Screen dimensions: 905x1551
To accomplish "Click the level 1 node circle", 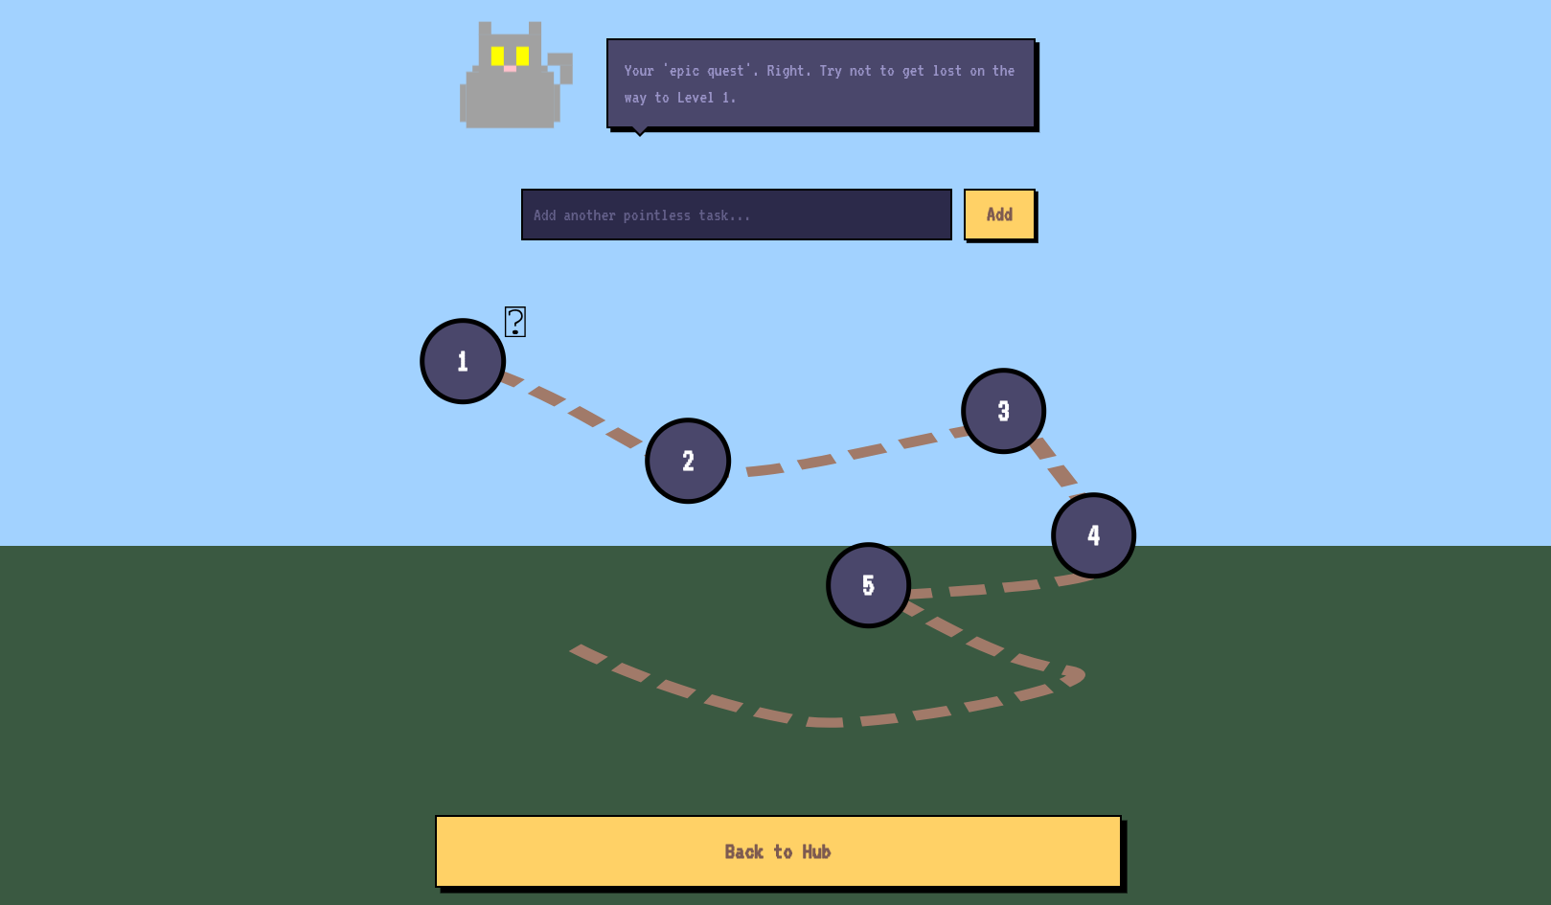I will coord(463,361).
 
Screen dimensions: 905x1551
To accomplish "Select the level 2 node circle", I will coord(688,461).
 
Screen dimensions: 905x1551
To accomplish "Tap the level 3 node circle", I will coord(1003,411).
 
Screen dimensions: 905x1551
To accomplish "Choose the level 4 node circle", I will coord(1093,535).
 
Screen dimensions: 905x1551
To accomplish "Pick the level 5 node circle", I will coord(868,585).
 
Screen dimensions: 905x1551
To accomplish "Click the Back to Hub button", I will coord(778,851).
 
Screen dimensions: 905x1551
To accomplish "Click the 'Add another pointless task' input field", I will coord(736,215).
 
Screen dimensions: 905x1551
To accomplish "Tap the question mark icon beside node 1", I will coord(515,322).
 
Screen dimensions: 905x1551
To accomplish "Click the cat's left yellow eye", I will coord(497,56).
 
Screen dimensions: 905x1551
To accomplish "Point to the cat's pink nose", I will coord(510,68).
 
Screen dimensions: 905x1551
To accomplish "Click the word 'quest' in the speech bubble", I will coord(725,71).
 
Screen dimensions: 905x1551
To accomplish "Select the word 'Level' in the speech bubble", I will coord(696,98).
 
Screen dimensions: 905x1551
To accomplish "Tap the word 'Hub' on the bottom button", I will coord(816,851).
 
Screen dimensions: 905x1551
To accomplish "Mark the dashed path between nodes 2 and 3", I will coord(866,451).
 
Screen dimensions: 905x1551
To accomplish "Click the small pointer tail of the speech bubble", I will coord(640,131).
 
